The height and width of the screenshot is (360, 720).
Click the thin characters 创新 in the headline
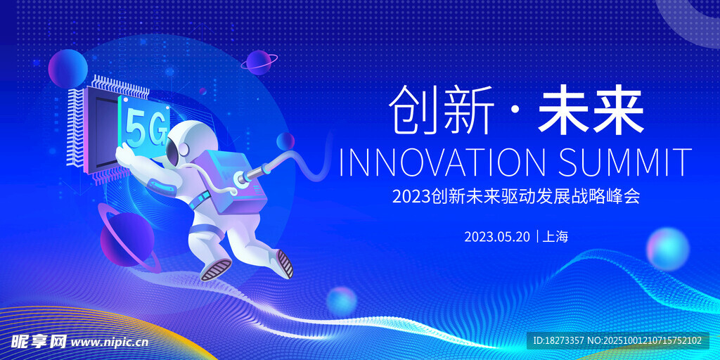click(x=442, y=110)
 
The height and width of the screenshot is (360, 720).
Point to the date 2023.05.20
click(x=497, y=237)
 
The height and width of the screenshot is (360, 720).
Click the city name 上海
click(x=555, y=237)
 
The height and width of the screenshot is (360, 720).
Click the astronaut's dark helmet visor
click(x=172, y=152)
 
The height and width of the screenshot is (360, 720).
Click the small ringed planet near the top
click(x=259, y=62)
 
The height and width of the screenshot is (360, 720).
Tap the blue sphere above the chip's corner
click(x=68, y=68)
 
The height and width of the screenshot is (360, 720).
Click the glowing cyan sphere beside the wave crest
click(x=668, y=249)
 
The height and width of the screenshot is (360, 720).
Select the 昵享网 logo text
click(x=39, y=342)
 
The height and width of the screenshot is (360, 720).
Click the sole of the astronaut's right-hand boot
click(x=285, y=264)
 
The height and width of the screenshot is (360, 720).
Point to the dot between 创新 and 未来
click(x=516, y=111)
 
